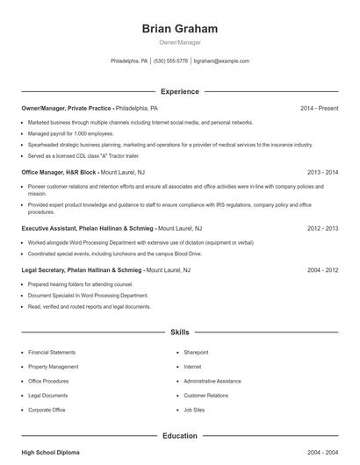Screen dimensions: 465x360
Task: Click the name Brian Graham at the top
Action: click(180, 28)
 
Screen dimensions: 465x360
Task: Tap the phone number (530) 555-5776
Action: click(170, 61)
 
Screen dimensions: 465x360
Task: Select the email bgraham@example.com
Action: click(221, 61)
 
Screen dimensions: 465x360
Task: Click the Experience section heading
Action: click(180, 91)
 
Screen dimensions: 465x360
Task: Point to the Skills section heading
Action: click(180, 333)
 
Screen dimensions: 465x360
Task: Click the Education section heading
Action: click(180, 435)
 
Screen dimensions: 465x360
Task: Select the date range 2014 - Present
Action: click(319, 108)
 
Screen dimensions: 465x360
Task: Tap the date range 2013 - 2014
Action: click(322, 173)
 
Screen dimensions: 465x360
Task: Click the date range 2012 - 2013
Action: click(322, 228)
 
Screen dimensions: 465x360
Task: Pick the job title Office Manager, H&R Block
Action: click(59, 173)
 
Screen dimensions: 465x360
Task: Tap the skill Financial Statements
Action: click(52, 352)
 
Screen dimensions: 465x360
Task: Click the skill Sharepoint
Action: click(196, 352)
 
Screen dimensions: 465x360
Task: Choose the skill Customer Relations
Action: click(205, 396)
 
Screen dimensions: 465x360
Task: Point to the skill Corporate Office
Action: click(47, 410)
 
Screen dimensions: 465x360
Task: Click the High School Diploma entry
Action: click(50, 452)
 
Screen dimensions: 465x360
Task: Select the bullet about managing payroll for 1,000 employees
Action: click(65, 133)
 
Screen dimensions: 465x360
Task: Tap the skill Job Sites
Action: click(194, 410)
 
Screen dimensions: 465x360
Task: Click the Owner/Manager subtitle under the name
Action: click(180, 42)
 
